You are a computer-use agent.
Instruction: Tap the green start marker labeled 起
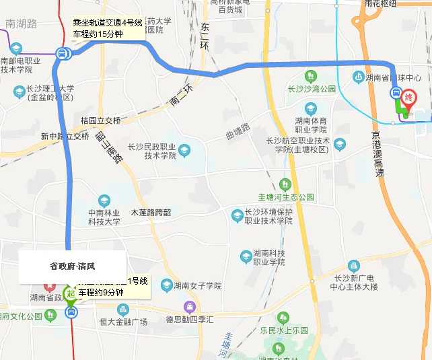(70, 294)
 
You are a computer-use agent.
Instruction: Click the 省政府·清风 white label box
(72, 266)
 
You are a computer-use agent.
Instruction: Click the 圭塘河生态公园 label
(287, 197)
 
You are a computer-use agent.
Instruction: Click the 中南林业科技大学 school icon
(104, 200)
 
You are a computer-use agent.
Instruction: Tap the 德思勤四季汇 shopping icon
(190, 307)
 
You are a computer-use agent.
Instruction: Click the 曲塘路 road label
(237, 132)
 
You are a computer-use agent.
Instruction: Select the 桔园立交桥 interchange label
(100, 120)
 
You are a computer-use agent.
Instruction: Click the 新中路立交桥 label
(65, 136)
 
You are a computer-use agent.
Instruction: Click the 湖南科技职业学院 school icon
(246, 256)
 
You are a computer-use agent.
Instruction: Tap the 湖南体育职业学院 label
(311, 124)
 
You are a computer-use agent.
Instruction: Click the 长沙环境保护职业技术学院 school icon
(237, 215)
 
